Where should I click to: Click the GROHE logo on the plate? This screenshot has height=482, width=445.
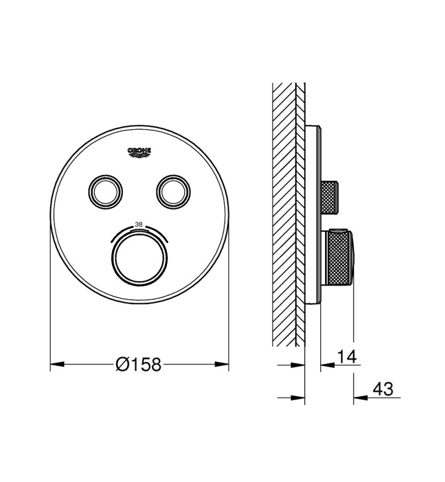click(139, 153)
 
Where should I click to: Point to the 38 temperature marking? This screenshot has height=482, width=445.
click(139, 225)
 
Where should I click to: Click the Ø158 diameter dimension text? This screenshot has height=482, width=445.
click(138, 365)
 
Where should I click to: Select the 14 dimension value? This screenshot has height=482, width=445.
click(347, 357)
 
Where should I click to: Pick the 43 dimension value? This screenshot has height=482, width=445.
click(383, 389)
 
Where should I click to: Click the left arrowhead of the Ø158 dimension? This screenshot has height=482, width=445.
click(57, 365)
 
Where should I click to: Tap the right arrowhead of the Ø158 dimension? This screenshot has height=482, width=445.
click(222, 365)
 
